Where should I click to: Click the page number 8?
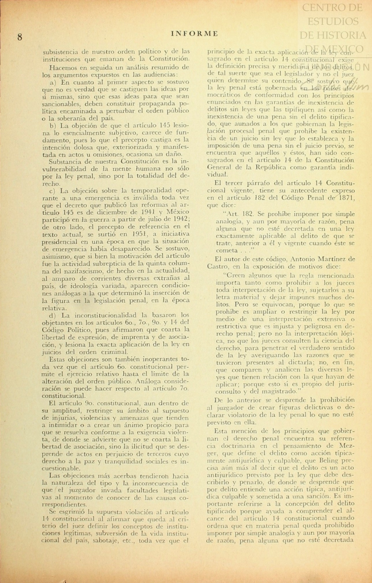click(20, 37)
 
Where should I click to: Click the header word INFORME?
click(194, 34)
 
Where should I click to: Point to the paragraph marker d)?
click(53, 315)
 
